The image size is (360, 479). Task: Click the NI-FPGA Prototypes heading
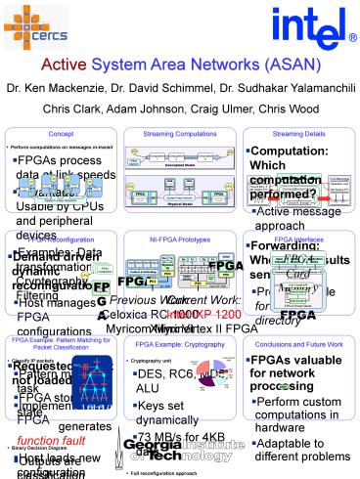pos(180,239)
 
